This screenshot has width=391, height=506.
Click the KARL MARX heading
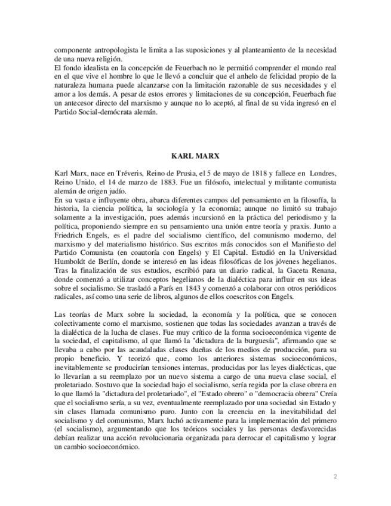pyautogui.click(x=195, y=156)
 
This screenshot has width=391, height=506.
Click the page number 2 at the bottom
pyautogui.click(x=335, y=476)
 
